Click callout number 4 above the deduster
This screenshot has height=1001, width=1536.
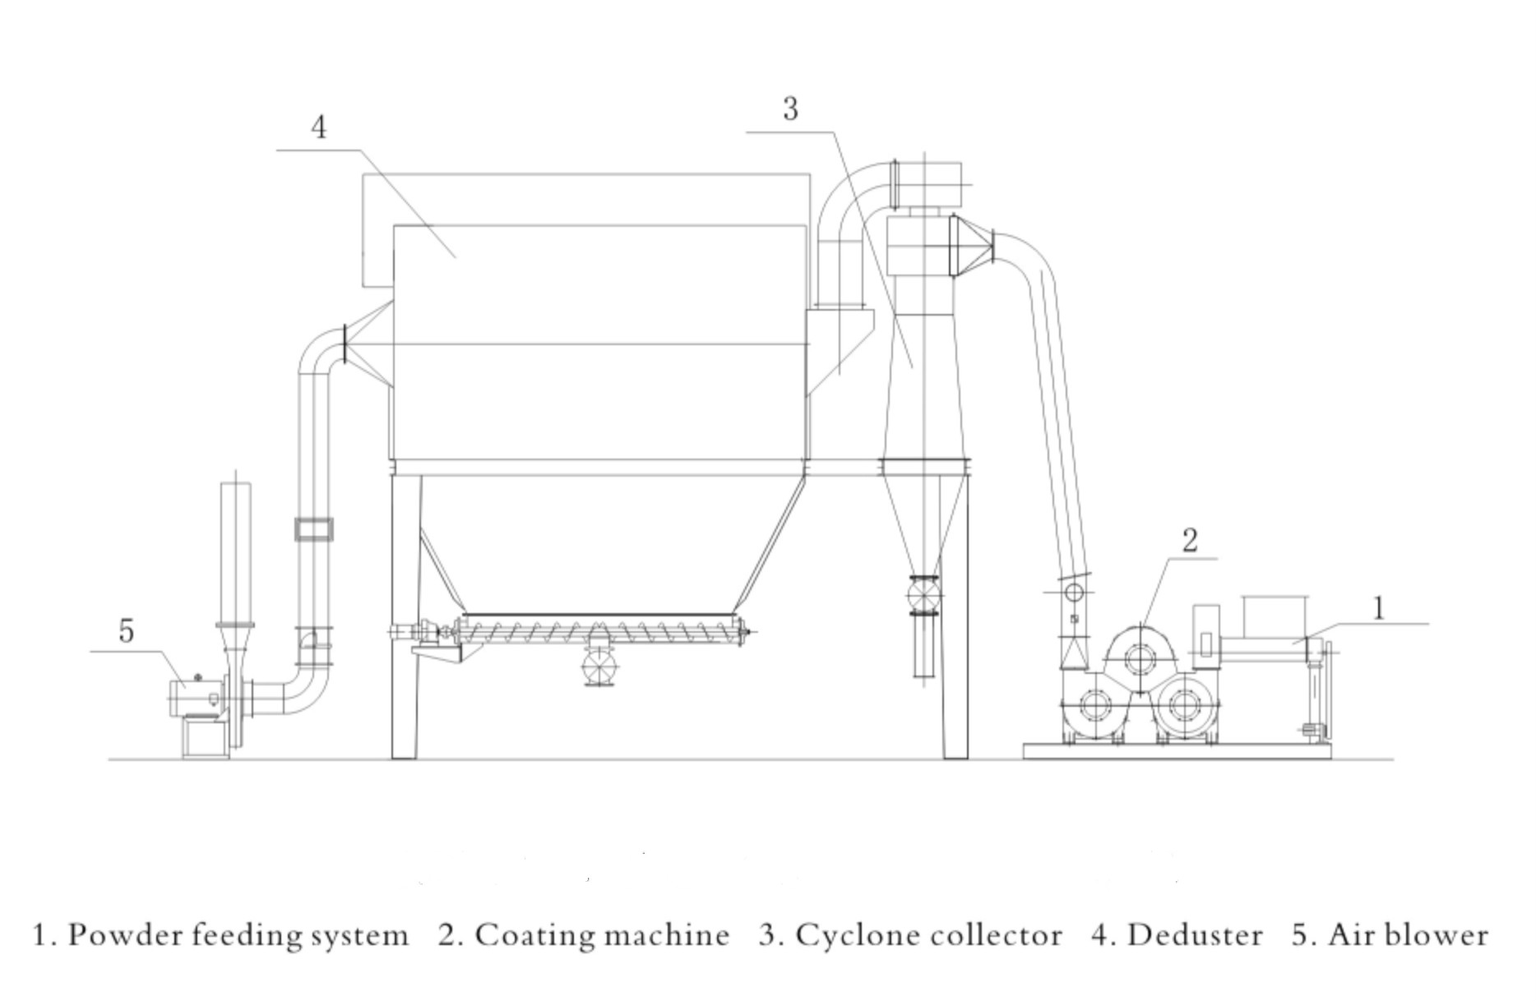pos(319,127)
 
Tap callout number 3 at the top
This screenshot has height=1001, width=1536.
pos(790,108)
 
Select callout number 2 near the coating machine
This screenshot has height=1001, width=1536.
pos(1190,540)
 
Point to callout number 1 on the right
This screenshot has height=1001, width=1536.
pos(1379,608)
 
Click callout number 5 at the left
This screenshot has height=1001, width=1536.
pos(126,631)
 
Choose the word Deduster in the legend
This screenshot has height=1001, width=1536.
pos(1195,935)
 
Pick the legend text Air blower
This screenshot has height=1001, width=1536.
pos(1408,935)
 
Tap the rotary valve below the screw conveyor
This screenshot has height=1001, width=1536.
pos(599,665)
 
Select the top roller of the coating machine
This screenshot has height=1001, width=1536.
pos(1139,658)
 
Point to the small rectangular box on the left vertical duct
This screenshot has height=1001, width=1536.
pos(314,529)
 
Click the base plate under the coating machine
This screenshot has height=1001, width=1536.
pos(1177,751)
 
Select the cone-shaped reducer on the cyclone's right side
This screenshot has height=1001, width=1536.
pos(972,245)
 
